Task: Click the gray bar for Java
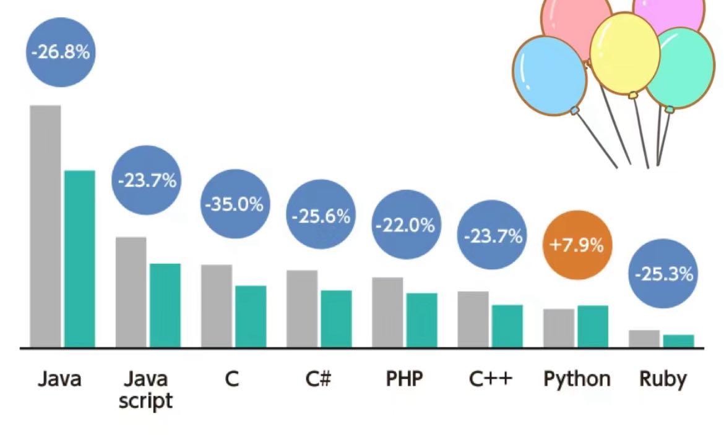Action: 45,226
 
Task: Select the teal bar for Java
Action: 80,258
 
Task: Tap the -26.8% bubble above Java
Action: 60,52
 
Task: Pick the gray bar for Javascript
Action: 131,292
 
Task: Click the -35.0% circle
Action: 234,205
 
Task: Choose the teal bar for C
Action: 251,316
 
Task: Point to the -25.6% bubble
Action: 320,216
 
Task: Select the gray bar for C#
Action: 302,308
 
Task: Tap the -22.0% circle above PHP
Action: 405,226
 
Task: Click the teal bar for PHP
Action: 421,319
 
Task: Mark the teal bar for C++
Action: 507,326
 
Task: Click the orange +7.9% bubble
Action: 576,245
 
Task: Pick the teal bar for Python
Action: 593,326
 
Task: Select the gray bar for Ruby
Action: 644,339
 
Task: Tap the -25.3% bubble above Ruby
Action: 663,274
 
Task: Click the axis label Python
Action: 577,379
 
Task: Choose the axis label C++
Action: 491,379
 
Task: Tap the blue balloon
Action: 549,74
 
